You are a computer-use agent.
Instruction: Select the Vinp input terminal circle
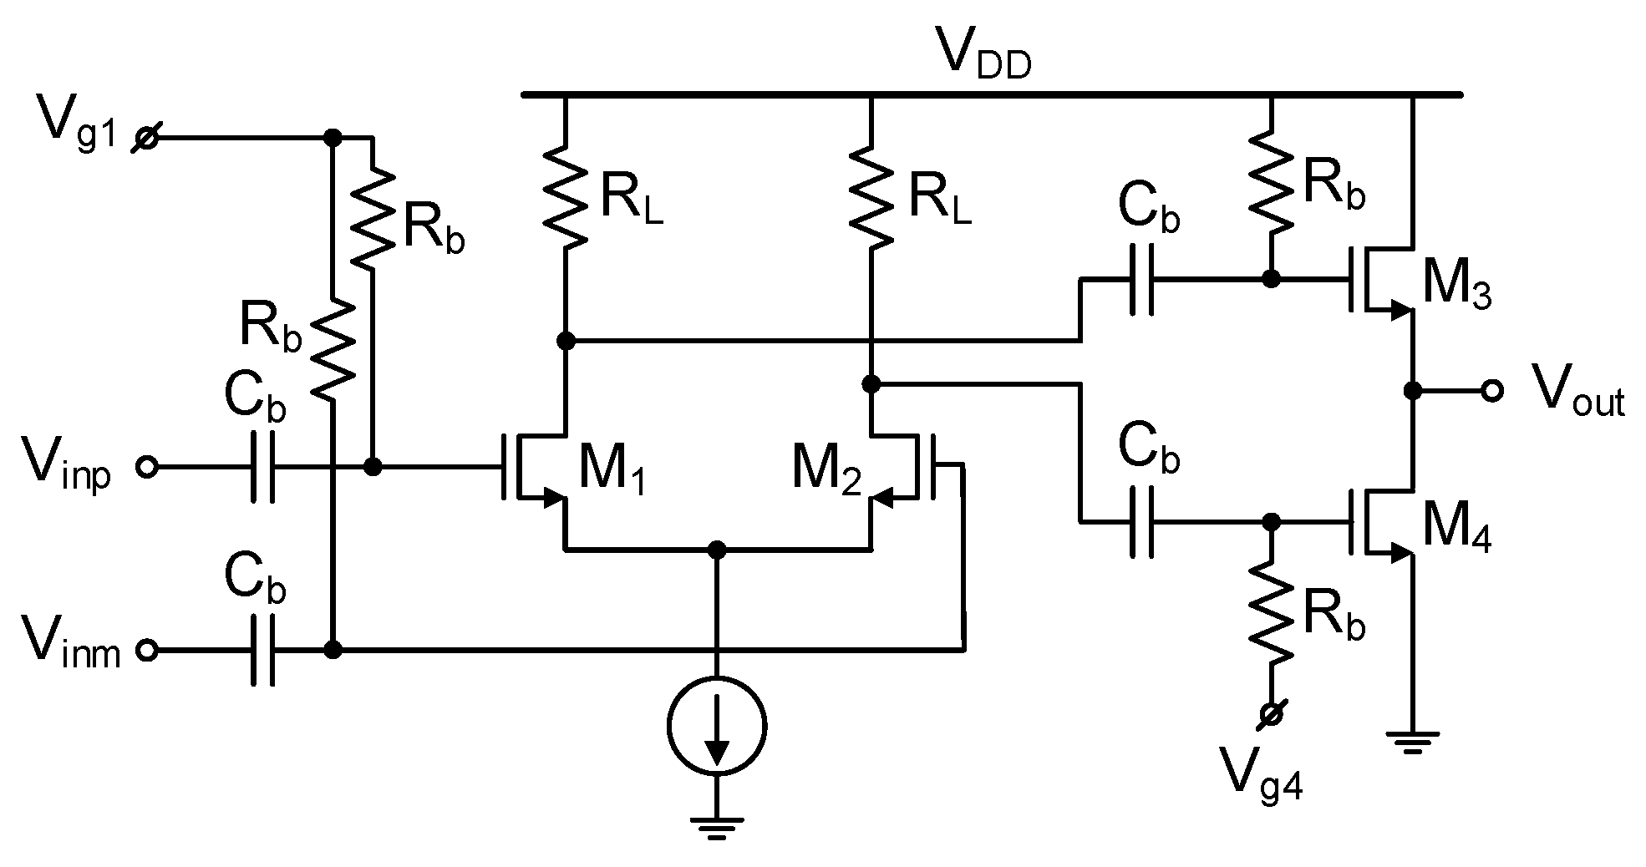(147, 467)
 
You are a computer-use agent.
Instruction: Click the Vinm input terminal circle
(147, 650)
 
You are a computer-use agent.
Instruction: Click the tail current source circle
(717, 725)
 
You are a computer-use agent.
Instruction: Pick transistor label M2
(826, 472)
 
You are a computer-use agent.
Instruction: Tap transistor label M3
(1456, 286)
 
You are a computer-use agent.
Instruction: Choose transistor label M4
(1456, 530)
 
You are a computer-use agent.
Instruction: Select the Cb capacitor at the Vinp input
(262, 467)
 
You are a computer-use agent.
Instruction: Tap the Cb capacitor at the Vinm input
(262, 650)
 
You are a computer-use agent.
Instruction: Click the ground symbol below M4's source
(1412, 741)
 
